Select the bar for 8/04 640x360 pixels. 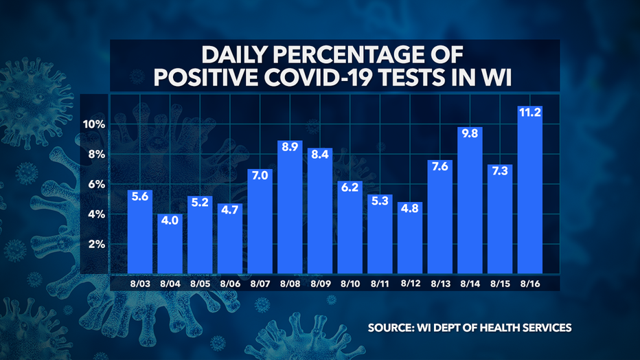pos(170,244)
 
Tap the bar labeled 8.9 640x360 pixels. pos(290,206)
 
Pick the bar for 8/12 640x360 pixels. pos(411,237)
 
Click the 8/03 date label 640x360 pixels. pos(139,282)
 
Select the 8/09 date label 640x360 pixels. pos(320,282)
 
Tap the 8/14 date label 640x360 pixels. pos(470,282)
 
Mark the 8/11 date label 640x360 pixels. pos(380,282)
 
